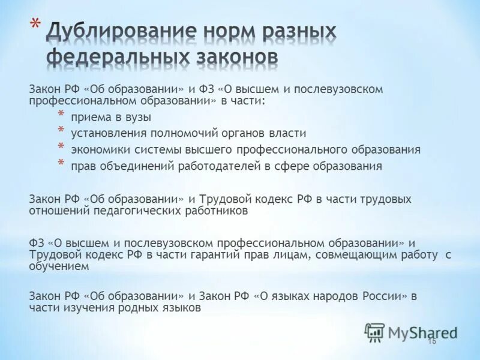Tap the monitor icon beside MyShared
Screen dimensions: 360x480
pyautogui.click(x=375, y=332)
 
